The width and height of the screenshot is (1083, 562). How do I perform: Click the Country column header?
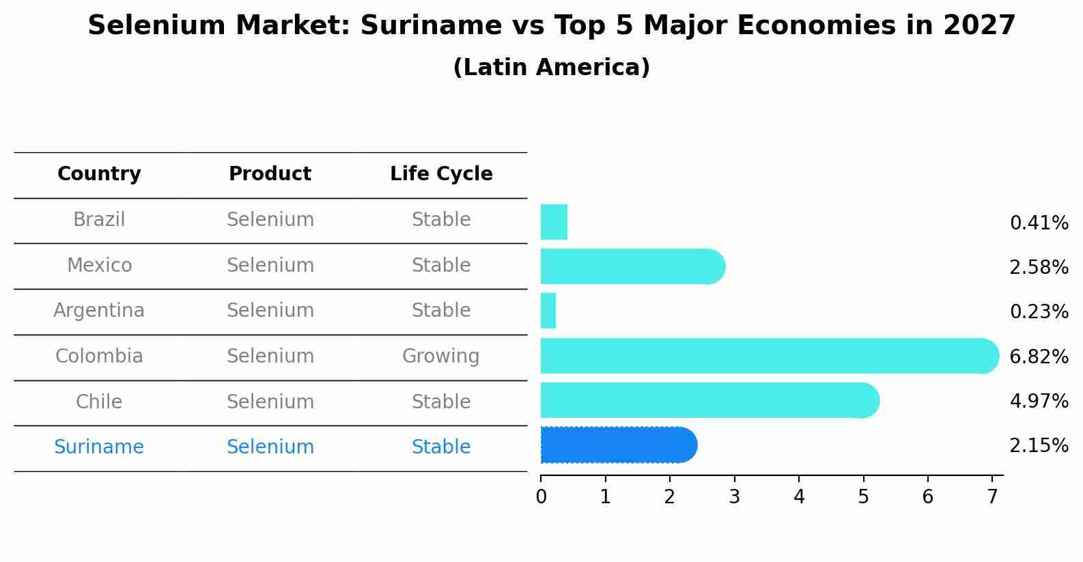click(99, 174)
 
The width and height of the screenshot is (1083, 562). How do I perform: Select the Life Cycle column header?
click(441, 174)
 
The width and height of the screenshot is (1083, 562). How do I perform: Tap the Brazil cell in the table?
click(99, 220)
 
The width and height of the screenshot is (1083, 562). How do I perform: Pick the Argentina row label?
click(99, 311)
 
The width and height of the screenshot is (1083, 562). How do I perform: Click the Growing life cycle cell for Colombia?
click(441, 356)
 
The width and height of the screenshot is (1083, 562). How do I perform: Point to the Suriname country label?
click(99, 447)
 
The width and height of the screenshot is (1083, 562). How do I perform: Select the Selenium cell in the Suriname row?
click(270, 447)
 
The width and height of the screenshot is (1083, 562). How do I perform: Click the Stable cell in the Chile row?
click(441, 402)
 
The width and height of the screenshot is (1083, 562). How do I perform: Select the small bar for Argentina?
click(548, 311)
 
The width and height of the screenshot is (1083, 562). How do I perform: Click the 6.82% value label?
click(1039, 356)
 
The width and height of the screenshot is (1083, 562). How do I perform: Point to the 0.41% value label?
click(1039, 223)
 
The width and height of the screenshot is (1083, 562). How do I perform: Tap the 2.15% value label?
click(1039, 446)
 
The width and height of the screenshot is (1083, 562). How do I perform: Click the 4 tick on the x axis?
click(799, 497)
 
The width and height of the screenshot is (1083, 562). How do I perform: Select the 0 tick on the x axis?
click(541, 497)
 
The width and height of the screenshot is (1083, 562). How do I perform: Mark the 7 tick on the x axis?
click(992, 497)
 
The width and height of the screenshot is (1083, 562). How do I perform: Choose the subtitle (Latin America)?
click(551, 68)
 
